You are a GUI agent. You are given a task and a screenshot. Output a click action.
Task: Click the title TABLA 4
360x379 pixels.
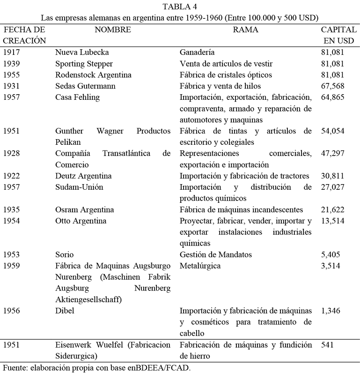[180, 7]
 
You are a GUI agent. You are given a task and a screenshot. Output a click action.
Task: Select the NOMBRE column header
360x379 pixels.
[112, 30]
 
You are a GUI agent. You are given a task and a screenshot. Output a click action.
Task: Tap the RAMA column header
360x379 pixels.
[246, 30]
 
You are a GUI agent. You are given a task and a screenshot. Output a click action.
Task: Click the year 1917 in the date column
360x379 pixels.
[12, 52]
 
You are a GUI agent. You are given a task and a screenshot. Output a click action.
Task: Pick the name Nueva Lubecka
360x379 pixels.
[81, 52]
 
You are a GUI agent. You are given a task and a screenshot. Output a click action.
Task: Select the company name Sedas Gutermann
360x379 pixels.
[85, 86]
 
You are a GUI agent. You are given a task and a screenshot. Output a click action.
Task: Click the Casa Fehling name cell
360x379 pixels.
[77, 97]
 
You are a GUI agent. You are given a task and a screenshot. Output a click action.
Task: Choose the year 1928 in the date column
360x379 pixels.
[12, 153]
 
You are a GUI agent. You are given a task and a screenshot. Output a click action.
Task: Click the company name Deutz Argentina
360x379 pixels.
[83, 176]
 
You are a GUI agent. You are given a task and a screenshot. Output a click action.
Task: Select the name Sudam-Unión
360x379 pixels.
[79, 187]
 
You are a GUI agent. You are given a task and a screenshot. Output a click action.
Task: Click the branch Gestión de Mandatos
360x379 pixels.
[216, 254]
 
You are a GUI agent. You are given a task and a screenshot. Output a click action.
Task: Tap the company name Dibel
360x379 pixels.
[65, 311]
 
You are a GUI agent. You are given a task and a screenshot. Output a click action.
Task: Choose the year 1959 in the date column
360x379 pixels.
[12, 266]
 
